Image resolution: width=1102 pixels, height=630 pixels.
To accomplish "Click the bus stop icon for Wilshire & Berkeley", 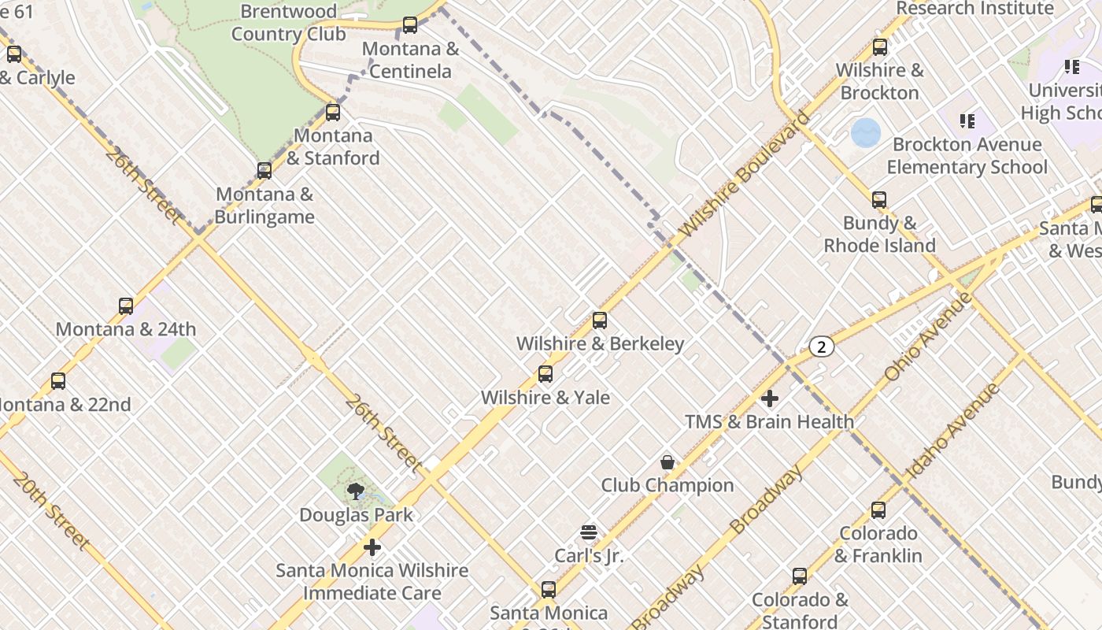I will coord(600,321).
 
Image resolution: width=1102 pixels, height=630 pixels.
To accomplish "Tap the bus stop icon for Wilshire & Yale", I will coord(545,374).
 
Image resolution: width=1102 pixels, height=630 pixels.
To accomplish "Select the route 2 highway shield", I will coord(821,346).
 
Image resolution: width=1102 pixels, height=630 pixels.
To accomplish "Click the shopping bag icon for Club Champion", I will coord(667,462).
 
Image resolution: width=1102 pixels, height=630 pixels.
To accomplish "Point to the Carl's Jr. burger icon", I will coord(589,533).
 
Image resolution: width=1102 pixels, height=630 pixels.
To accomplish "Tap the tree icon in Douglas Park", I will coord(356,492).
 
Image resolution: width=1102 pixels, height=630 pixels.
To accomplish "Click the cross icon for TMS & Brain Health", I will coord(770,398).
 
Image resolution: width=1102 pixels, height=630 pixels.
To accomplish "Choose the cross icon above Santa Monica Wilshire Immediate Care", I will coord(372,547).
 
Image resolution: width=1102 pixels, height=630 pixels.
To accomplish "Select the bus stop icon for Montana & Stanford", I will coord(333,113).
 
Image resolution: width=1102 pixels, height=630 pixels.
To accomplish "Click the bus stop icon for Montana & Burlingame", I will coord(264,171).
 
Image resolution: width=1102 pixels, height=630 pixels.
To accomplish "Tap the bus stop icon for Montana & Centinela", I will coord(410,25).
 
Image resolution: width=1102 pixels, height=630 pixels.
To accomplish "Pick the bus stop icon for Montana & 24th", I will coord(126,306).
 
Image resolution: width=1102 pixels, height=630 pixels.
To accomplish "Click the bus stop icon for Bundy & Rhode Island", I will coord(879,200).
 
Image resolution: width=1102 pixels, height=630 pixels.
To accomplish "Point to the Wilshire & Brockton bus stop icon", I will coord(880,47).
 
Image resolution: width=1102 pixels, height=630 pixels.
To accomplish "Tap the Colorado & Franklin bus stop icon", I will coord(878,510).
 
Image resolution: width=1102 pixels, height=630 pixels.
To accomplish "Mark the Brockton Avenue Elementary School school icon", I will coord(967,121).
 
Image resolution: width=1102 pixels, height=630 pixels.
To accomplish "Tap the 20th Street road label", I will coord(51,510).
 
